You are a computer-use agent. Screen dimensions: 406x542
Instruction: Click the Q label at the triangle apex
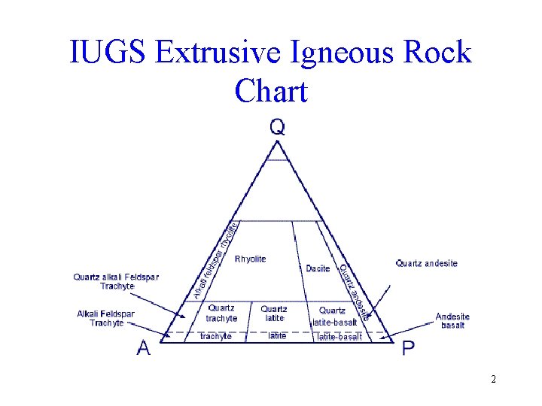[277, 127]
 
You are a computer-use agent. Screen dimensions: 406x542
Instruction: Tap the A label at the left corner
[142, 349]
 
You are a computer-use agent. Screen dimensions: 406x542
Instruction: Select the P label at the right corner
[408, 348]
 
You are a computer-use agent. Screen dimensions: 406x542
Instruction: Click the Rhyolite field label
[251, 259]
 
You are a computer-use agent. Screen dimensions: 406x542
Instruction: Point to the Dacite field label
[318, 269]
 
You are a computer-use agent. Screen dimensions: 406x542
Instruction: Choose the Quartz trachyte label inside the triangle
[221, 314]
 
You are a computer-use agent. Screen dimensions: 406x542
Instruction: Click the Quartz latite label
[274, 314]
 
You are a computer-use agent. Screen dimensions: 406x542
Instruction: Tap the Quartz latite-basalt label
[333, 317]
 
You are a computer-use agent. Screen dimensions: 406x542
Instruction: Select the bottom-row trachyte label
[216, 337]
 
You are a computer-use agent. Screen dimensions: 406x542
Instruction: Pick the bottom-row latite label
[277, 336]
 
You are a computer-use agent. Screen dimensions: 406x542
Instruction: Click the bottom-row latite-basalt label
[339, 337]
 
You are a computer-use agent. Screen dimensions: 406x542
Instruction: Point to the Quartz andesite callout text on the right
[426, 263]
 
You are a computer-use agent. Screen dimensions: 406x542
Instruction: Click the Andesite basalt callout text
[452, 321]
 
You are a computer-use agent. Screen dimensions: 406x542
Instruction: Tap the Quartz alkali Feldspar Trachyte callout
[116, 281]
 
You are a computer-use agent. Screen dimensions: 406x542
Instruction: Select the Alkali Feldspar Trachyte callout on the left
[106, 318]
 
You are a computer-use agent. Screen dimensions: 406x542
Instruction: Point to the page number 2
[493, 379]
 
